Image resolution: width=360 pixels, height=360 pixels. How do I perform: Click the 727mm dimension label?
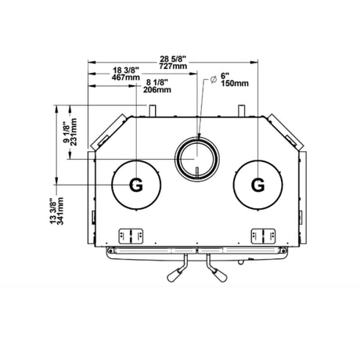[173, 66]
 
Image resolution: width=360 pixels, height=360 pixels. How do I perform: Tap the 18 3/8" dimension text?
[126, 70]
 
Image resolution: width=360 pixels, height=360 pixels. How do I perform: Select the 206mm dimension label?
[157, 90]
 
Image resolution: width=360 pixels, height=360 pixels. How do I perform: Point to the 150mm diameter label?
[235, 84]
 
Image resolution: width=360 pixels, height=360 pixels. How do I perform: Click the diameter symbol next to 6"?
[214, 80]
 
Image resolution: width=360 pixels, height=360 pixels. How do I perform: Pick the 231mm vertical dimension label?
[74, 132]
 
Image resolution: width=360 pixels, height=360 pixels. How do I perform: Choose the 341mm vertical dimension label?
[60, 211]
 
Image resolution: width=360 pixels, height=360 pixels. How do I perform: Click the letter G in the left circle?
[136, 185]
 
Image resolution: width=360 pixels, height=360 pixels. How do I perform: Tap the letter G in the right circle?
[257, 185]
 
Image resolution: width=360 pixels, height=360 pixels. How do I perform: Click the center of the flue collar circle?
[196, 159]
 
